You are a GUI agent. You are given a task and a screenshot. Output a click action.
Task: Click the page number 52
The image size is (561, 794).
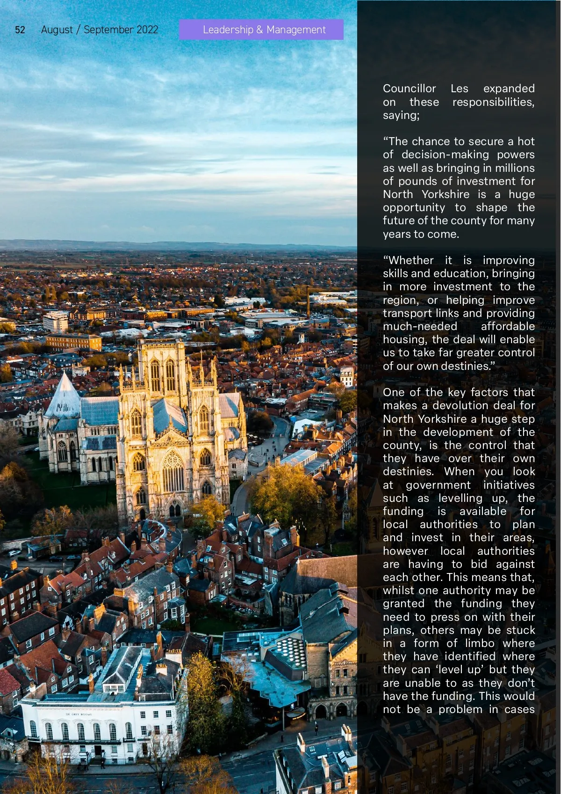coord(20,30)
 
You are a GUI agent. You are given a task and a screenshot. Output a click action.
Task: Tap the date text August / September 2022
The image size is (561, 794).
coord(100,30)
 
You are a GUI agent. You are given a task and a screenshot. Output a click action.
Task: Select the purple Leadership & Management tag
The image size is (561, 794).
coord(261,29)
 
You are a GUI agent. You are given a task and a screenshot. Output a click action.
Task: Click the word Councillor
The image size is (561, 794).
coord(409,88)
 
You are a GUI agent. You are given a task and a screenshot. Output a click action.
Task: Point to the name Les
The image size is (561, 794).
coord(459,88)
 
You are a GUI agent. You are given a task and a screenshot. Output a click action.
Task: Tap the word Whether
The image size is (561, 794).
coord(408,260)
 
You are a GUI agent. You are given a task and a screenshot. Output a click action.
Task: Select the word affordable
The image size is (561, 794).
coord(508,326)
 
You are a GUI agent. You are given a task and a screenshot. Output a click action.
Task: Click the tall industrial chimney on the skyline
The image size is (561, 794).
coord(308,302)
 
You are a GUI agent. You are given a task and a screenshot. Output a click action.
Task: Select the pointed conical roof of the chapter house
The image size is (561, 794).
coord(64,396)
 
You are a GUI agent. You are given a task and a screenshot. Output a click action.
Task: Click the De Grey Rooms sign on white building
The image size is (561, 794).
coord(79,714)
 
